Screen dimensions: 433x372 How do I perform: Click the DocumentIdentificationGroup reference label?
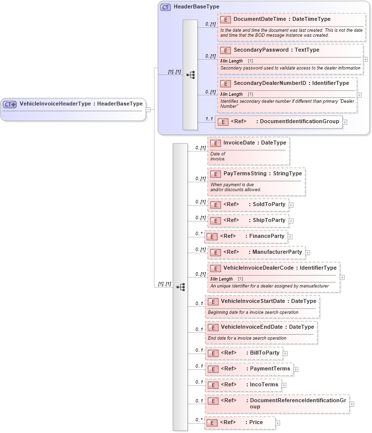click(x=299, y=121)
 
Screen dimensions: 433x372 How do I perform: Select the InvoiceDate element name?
click(x=241, y=143)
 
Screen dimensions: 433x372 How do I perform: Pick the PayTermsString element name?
click(x=244, y=173)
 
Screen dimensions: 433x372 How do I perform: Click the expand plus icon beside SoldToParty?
click(x=291, y=205)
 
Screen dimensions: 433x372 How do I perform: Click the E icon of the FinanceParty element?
click(x=212, y=236)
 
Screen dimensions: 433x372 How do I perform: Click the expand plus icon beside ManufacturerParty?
click(x=307, y=252)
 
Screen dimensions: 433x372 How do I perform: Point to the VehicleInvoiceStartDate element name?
click(x=253, y=301)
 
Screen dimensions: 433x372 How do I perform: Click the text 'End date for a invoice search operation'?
click(x=247, y=338)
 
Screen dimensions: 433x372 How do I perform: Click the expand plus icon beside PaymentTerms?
click(x=296, y=369)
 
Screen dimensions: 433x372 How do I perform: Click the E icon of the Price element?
click(x=212, y=423)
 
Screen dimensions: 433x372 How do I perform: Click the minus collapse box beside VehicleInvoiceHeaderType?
click(x=148, y=109)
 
